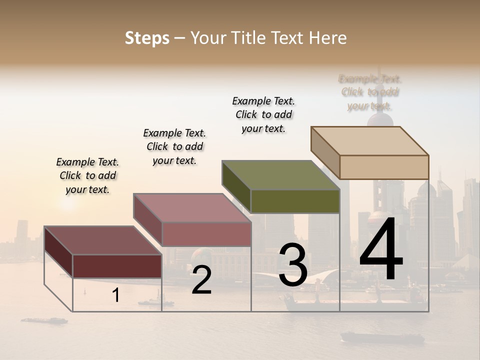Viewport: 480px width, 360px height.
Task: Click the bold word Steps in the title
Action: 147,38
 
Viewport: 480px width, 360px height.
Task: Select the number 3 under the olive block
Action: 292,264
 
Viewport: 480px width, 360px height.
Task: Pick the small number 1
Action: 116,295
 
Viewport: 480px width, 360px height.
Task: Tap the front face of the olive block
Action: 295,201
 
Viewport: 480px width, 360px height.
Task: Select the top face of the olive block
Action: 281,175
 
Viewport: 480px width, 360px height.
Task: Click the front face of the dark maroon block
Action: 117,266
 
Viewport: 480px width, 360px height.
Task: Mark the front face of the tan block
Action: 384,167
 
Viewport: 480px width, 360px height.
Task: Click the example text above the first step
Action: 87,175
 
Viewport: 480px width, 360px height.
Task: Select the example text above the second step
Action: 174,146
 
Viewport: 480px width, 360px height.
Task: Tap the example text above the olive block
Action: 263,114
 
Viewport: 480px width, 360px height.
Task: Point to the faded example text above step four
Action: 370,92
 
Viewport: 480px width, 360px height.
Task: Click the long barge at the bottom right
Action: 382,337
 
